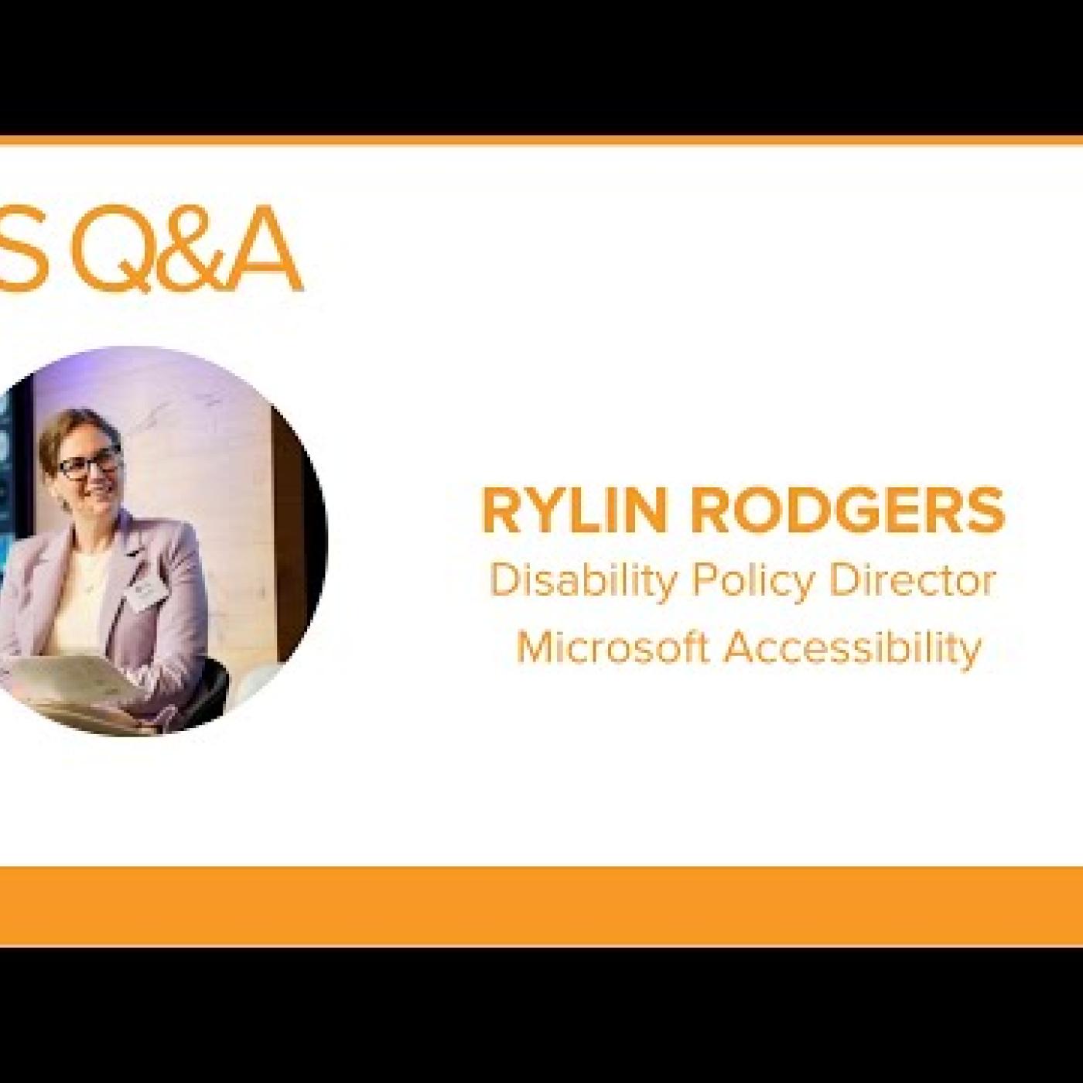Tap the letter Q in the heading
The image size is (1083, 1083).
tap(110, 251)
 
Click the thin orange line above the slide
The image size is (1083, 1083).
tap(541, 141)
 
